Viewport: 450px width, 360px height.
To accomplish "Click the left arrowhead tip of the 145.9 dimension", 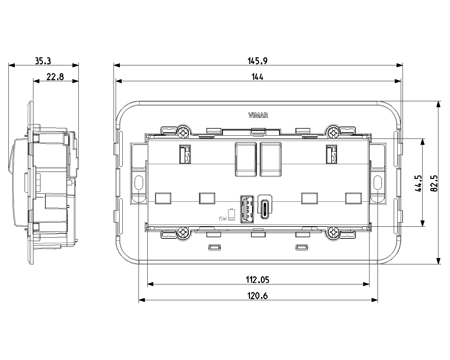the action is [114, 65].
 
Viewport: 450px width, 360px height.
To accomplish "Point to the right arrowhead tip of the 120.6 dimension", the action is [378, 300].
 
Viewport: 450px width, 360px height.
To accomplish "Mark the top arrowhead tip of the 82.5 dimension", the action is [438, 101].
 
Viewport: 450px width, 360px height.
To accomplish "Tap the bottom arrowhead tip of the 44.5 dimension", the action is [423, 226].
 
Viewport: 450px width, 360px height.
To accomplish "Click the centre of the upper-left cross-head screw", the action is [184, 132].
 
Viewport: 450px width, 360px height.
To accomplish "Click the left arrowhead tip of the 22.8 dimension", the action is [33, 81].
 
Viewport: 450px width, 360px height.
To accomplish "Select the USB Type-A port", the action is [247, 209].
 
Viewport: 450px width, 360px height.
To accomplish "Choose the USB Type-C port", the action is [265, 209].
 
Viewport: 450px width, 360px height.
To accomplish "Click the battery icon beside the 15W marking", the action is [231, 214].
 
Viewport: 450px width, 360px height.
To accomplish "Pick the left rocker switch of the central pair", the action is [246, 159].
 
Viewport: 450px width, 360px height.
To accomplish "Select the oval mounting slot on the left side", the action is [139, 182].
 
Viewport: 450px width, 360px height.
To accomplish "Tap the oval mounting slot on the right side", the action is [378, 182].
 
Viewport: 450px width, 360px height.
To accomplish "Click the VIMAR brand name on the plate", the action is [258, 115].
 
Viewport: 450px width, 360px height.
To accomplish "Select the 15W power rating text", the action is [223, 219].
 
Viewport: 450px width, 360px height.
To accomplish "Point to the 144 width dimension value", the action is [257, 77].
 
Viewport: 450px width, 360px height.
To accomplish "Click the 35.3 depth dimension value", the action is [43, 61].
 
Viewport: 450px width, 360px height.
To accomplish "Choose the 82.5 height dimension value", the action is [434, 184].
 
